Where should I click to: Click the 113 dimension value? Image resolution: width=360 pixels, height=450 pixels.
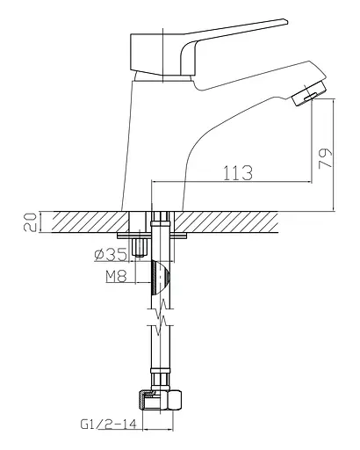pos(238,173)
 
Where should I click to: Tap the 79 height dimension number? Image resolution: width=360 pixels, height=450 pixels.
pos(326,158)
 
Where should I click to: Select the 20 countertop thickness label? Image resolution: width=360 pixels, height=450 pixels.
pos(30,222)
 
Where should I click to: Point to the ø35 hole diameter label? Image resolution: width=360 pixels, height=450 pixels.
pos(111,255)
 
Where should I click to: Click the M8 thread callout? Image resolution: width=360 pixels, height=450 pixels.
pos(116,276)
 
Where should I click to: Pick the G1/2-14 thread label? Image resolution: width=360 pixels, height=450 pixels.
pos(109,425)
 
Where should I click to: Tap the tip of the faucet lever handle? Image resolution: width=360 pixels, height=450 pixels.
pos(286,21)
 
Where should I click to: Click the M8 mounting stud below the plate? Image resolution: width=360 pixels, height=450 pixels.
pos(140,248)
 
